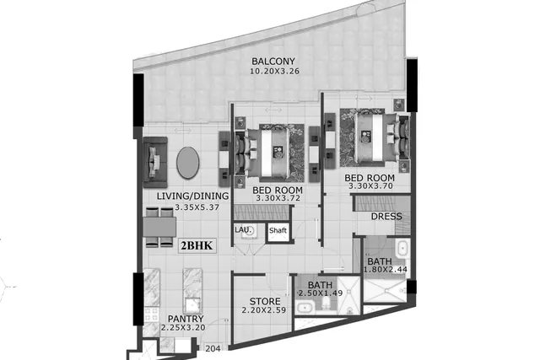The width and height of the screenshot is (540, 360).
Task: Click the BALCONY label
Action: point(273,62)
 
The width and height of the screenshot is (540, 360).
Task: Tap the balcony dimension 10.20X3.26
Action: point(274,72)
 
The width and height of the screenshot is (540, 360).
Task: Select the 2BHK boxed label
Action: point(197,245)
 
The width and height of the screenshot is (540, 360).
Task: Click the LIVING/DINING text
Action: point(192,196)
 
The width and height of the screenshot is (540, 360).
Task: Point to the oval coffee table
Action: point(187,163)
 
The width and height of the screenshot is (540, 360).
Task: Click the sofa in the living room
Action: point(155,162)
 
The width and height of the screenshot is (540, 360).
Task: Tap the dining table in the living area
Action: point(159,227)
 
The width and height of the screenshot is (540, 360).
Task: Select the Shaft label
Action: point(278,230)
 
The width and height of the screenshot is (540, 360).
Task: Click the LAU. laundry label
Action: point(241,229)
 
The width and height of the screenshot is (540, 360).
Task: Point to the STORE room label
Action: point(265,302)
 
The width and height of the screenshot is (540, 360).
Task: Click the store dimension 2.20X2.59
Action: point(264,310)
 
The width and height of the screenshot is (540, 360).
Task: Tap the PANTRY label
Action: point(186,319)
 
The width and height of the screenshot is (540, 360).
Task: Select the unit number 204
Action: point(213,349)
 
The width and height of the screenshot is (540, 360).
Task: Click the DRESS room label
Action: point(386,217)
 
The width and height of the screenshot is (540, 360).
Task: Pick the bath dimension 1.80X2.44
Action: point(386,270)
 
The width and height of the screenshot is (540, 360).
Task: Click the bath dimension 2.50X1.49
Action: point(321,293)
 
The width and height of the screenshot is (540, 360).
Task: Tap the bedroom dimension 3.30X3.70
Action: point(370,186)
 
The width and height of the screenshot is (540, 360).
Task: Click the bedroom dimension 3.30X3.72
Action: point(278,198)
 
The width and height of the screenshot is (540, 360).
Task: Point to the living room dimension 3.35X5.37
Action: point(197,207)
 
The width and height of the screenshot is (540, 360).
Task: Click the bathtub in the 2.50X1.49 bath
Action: point(305,308)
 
